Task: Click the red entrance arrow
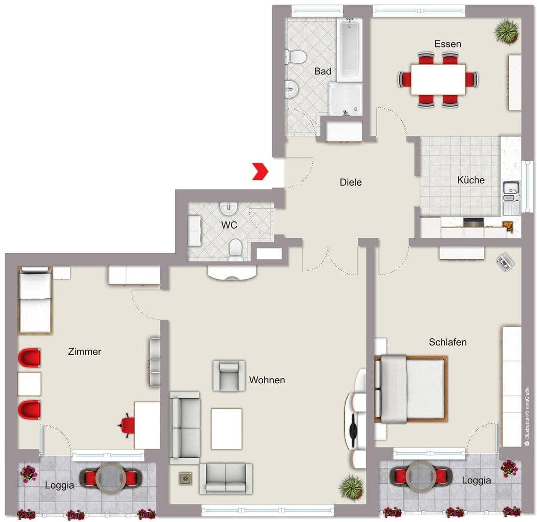point(260,172)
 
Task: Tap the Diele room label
point(351,182)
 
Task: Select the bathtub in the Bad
point(349,49)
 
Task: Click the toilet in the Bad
point(296,57)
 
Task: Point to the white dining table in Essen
point(438,79)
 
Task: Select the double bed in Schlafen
point(410,389)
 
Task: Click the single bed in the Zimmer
point(35,300)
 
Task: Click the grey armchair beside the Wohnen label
point(229,375)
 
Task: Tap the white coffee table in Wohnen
point(226,429)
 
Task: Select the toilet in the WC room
point(236,249)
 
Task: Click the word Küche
point(471,180)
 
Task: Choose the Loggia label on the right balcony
point(476,480)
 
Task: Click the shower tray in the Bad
point(345,99)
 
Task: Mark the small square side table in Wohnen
point(185,478)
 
